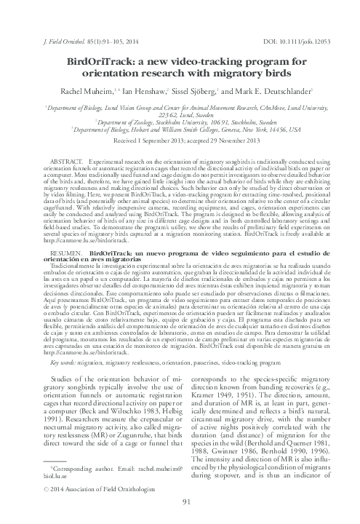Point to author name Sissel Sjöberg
coord(199,92)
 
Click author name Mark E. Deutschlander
coord(273,92)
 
